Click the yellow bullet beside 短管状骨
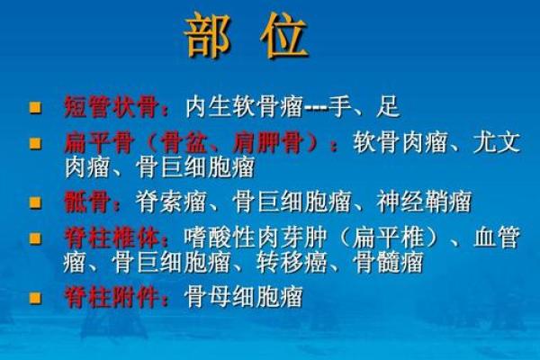(37, 108)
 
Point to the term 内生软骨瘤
(238, 107)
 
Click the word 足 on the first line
(388, 107)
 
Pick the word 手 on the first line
(338, 107)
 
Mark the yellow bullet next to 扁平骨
(37, 143)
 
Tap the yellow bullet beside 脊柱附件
(37, 298)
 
